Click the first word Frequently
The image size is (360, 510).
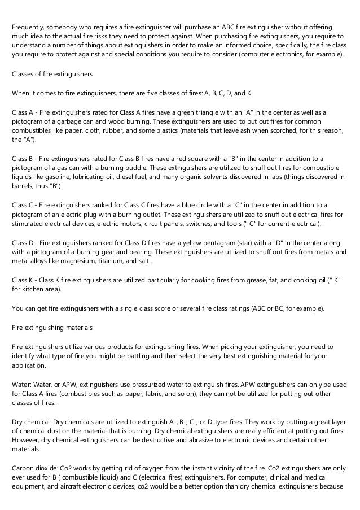[x=30, y=27]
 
